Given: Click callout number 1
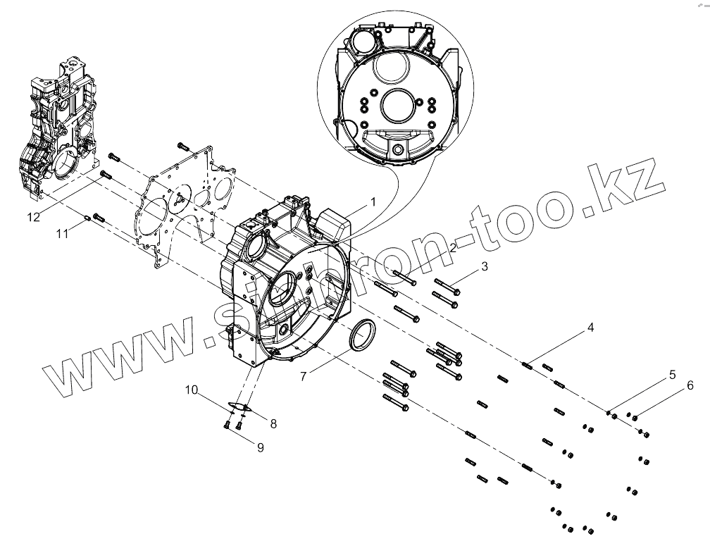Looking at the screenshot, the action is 374,201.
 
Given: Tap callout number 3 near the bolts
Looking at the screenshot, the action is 484,266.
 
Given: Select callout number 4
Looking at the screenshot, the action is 591,328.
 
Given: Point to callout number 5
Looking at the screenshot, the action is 673,374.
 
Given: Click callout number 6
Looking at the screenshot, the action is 690,385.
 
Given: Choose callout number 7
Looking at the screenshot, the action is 304,376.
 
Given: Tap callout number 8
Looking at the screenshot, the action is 273,423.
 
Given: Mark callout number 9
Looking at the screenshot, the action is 260,447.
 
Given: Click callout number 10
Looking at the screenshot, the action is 191,389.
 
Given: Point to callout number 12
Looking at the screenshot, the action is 34,218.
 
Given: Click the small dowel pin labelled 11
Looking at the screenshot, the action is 87,218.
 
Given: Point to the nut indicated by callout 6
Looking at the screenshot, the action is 635,418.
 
